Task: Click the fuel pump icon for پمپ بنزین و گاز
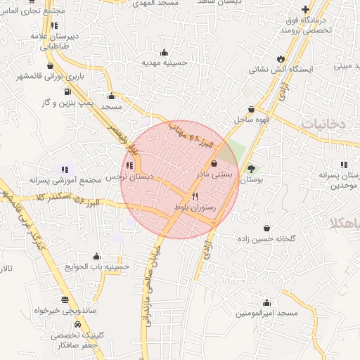coord(67,91)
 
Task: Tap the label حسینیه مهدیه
coord(165,62)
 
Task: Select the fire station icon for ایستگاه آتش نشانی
coord(281,58)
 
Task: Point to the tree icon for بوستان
coord(251,169)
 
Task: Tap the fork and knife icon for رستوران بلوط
coord(195,196)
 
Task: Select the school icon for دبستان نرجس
coord(129,166)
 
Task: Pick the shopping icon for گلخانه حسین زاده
coord(267,227)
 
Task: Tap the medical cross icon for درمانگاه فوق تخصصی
coord(305,10)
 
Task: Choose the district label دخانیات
coord(326,123)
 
